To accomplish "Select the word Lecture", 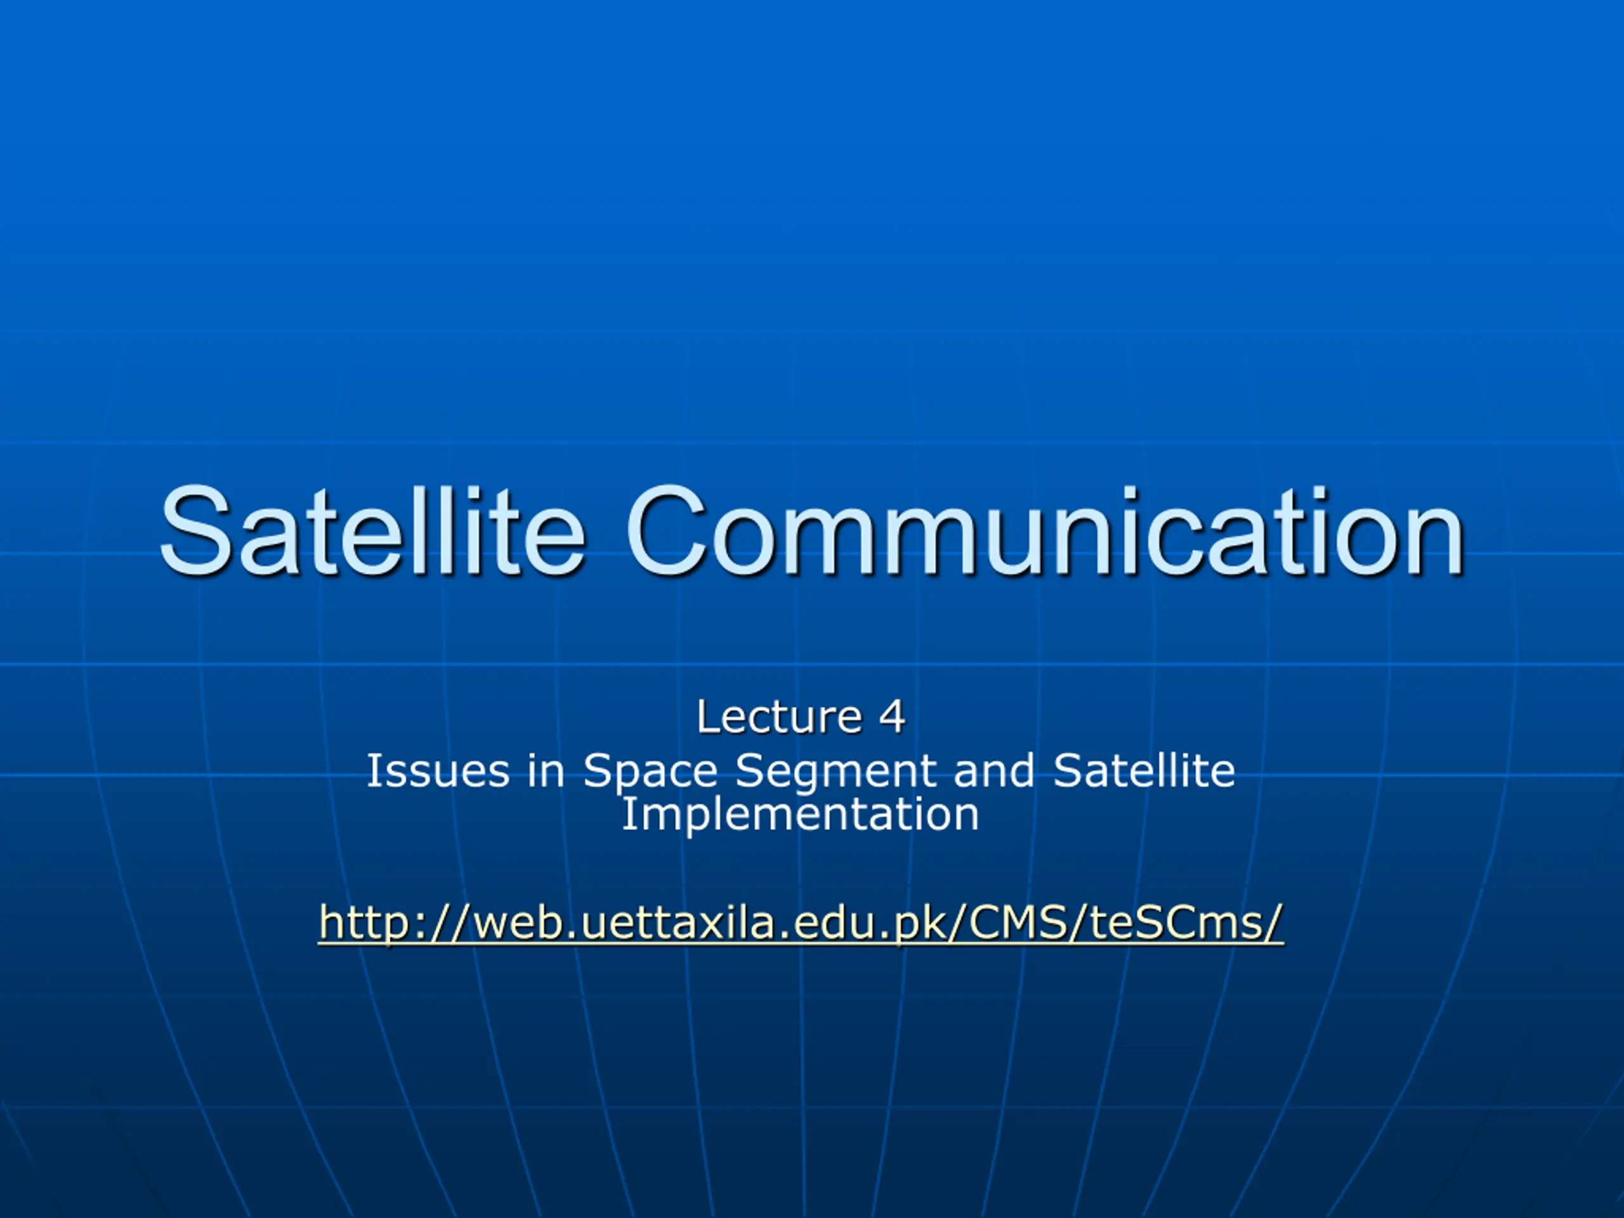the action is (779, 717).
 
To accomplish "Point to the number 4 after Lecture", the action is (892, 717).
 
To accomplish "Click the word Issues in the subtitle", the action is (438, 771).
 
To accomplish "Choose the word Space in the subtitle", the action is (650, 774).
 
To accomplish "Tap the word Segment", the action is (835, 774).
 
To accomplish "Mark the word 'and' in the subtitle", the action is (994, 771).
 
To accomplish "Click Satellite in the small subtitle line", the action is (1144, 771).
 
